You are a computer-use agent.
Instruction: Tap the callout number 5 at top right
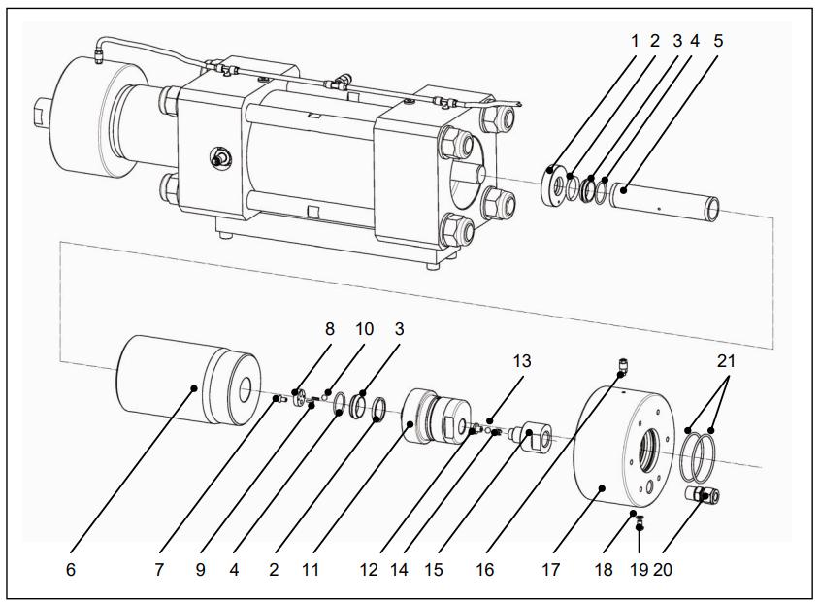tap(717, 41)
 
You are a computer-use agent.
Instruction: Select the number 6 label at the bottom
tap(70, 570)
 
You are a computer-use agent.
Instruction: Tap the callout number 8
tap(329, 329)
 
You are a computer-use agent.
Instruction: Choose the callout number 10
tap(364, 329)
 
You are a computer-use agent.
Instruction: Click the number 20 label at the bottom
tap(663, 570)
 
